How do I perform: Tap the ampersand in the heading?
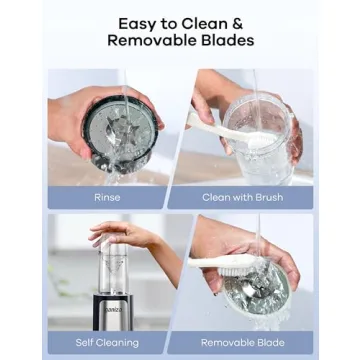point(236,24)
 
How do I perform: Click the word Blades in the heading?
point(228,40)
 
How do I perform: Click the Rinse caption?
point(107,197)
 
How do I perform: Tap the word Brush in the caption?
point(269,197)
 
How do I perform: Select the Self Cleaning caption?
point(107,342)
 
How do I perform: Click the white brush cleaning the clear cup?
point(230,130)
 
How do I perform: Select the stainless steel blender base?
point(113,312)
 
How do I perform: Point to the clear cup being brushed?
point(258,140)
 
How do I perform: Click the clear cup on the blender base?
point(113,267)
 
